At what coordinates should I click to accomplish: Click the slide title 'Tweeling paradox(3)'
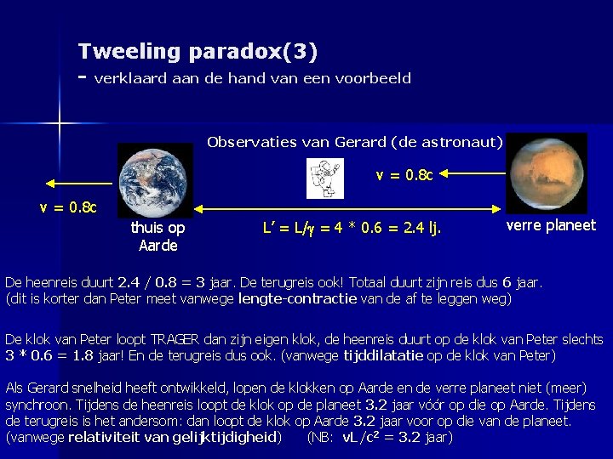pyautogui.click(x=198, y=52)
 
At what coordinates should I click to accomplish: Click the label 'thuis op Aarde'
pyautogui.click(x=158, y=237)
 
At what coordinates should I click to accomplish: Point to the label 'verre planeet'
pyautogui.click(x=551, y=225)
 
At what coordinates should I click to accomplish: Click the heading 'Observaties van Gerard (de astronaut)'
pyautogui.click(x=354, y=142)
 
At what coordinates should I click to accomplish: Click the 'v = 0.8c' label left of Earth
pyautogui.click(x=68, y=207)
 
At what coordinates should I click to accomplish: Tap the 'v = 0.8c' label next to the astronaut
pyautogui.click(x=404, y=176)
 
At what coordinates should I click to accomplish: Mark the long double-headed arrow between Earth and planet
pyautogui.click(x=349, y=207)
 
